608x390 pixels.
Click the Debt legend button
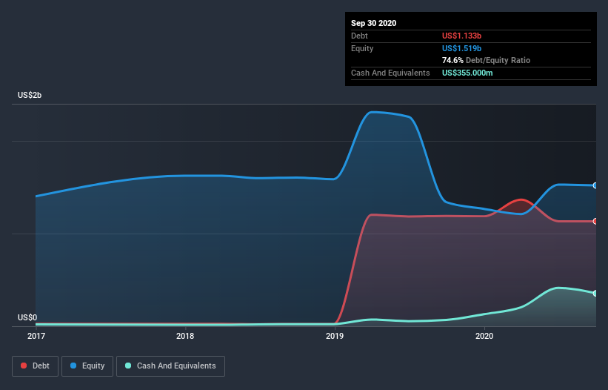coord(34,366)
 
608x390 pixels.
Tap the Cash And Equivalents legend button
coord(170,366)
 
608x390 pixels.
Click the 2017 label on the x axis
coord(36,337)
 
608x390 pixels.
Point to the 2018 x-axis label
coord(185,337)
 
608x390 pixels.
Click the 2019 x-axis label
coord(335,337)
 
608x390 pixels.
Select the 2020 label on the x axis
coord(484,337)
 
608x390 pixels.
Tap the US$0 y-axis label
coord(27,317)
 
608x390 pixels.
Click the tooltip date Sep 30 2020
coord(373,23)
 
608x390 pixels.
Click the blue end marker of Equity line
coord(595,185)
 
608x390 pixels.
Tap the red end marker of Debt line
coord(595,221)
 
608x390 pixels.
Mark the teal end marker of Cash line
coord(595,294)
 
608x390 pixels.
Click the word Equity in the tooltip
coord(362,48)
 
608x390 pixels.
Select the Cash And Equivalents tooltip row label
coord(390,73)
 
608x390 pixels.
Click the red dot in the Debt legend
coord(24,366)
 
